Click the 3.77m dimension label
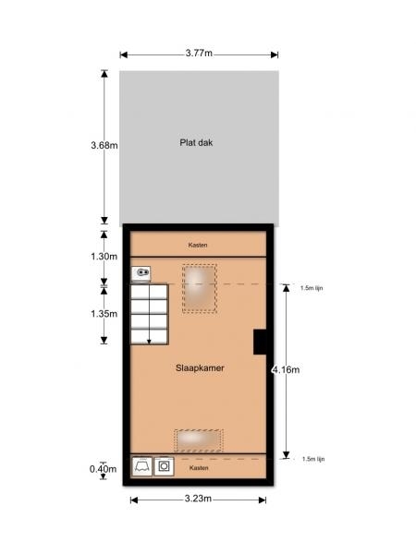(199, 53)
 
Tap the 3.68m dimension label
(104, 145)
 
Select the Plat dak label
(196, 143)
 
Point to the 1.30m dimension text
(104, 256)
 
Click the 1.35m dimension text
(104, 314)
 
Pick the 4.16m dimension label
(286, 370)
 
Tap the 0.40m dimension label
(103, 469)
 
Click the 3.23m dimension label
(198, 499)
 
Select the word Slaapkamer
(200, 367)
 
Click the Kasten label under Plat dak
(198, 245)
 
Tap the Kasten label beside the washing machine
(199, 468)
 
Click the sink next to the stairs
(141, 273)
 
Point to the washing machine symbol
(165, 466)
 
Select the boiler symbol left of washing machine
(141, 466)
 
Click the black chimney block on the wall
(260, 342)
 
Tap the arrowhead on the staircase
(149, 342)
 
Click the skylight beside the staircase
(200, 289)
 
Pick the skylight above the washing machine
(199, 440)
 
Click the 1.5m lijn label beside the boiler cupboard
(313, 459)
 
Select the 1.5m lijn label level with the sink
(312, 288)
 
